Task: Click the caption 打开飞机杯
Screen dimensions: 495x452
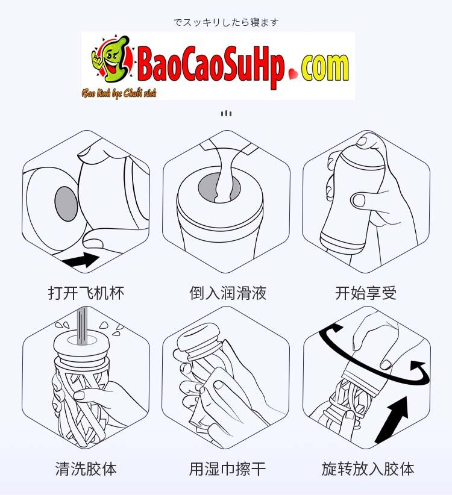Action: [86, 293]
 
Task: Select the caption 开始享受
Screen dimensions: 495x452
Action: [366, 293]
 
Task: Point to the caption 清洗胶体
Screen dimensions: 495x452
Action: [86, 469]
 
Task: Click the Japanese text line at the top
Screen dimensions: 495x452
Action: [226, 22]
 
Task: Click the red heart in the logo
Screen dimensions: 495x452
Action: [293, 75]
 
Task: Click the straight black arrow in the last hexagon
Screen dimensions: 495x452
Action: [392, 417]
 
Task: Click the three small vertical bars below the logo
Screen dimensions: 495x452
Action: [226, 113]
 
